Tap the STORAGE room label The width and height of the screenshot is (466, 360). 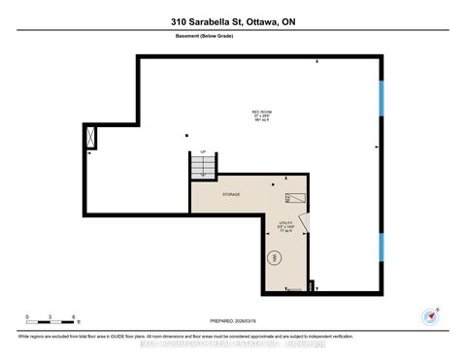tap(230, 194)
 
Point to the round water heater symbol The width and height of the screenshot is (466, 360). tap(275, 259)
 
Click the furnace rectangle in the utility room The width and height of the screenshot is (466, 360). tap(295, 198)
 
